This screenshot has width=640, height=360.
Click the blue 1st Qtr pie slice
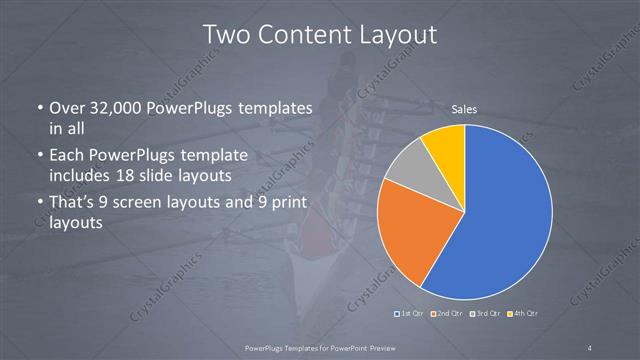point(505,215)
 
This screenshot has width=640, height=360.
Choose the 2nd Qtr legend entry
point(449,314)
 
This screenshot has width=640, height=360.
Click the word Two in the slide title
point(226,34)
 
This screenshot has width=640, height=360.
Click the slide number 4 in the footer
point(591,347)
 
